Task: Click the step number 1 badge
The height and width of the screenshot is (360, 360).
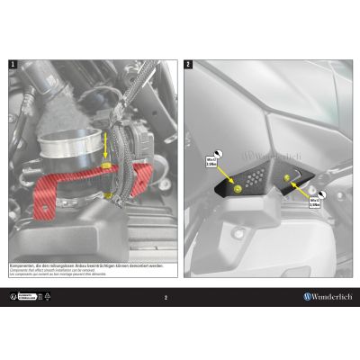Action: tap(12, 66)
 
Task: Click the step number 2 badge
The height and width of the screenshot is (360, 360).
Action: tap(186, 66)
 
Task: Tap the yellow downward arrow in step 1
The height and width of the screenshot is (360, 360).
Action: tap(109, 144)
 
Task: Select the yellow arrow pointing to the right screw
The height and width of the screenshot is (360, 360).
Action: tap(297, 188)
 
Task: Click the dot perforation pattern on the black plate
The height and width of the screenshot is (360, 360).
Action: tap(259, 177)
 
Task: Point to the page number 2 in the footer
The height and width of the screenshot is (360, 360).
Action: tap(166, 296)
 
